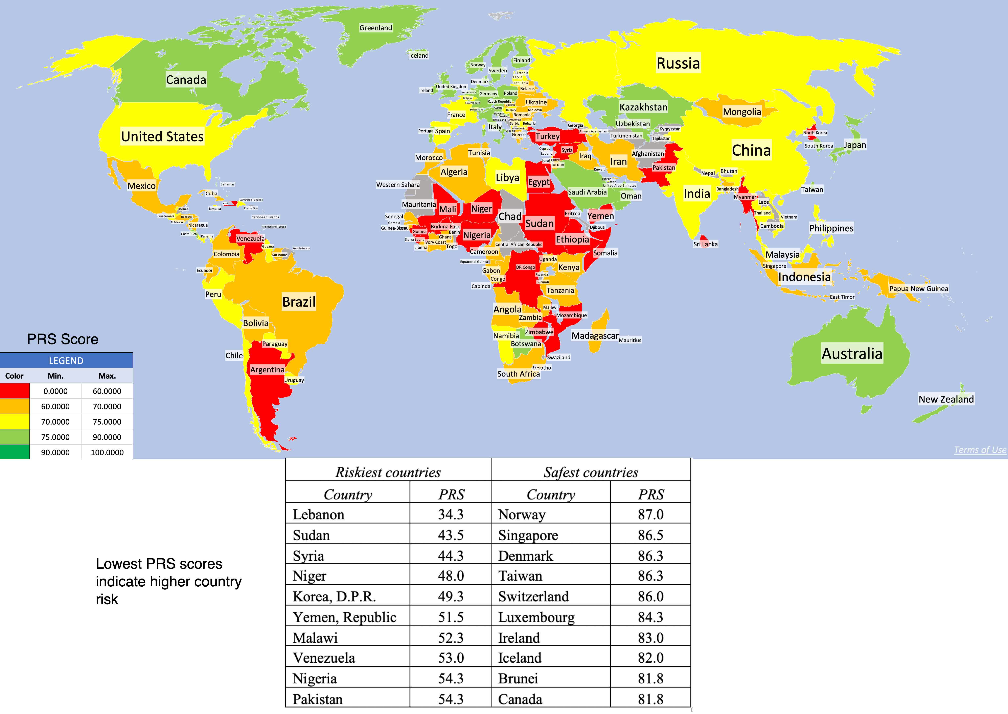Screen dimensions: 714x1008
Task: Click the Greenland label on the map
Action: tap(375, 28)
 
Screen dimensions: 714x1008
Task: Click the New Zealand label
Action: tap(946, 399)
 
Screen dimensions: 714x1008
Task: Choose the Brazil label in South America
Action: tap(299, 302)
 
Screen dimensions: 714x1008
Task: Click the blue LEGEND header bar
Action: tap(66, 360)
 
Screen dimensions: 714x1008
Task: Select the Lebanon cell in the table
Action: tap(319, 514)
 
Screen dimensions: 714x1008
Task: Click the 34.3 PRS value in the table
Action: tap(451, 514)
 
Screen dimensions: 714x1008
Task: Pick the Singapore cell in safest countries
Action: tap(528, 535)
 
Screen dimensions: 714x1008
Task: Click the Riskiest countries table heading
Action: tap(388, 472)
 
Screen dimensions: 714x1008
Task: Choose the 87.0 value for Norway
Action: tap(650, 514)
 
